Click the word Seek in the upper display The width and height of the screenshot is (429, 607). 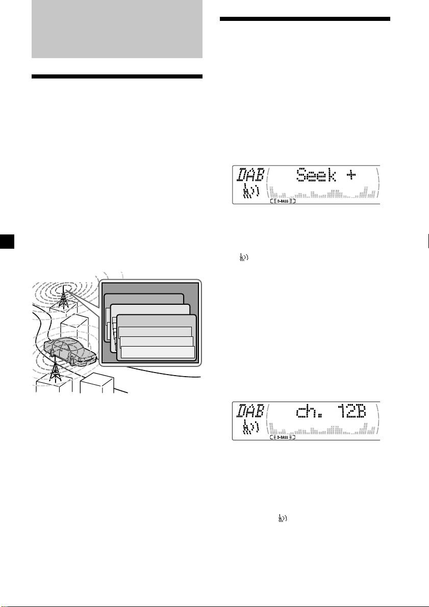[316, 176]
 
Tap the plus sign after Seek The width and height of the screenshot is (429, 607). [350, 176]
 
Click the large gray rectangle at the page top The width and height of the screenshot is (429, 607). [117, 29]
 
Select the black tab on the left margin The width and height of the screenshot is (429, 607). [7, 241]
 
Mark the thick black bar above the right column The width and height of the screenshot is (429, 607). [305, 18]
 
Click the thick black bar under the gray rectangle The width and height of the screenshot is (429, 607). [117, 76]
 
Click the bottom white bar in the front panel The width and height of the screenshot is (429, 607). [158, 352]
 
